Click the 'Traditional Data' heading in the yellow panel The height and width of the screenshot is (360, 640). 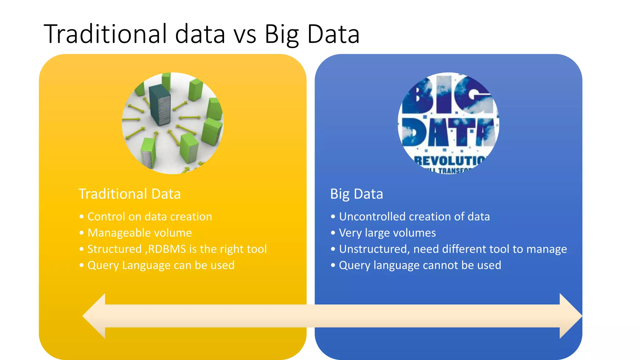pos(129,194)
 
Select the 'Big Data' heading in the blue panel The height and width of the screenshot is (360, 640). pos(357,194)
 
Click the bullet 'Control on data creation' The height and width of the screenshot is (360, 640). pos(150,217)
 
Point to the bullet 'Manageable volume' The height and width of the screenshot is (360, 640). pos(139,233)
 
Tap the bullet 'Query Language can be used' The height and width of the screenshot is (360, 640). pos(161,265)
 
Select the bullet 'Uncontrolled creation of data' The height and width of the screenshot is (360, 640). pos(414,217)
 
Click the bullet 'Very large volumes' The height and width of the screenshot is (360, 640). pos(387,233)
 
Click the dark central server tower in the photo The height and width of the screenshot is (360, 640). pos(160,105)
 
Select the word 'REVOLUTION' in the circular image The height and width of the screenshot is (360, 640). pos(450,161)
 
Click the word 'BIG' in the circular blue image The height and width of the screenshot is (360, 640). pos(447,95)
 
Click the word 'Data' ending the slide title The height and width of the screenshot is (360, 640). pos(333,34)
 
